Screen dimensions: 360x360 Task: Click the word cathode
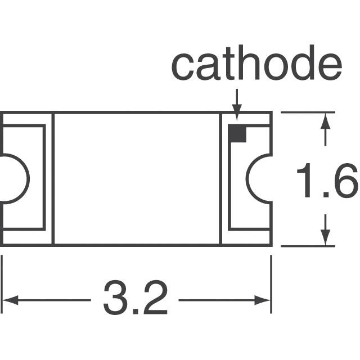(x=256, y=62)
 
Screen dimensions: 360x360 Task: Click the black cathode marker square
(x=237, y=133)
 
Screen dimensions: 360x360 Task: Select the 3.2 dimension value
(x=136, y=298)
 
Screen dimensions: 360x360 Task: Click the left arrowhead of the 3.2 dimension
(x=10, y=300)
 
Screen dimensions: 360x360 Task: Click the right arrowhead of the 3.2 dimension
(x=263, y=300)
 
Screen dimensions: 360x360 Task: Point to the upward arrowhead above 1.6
(x=325, y=121)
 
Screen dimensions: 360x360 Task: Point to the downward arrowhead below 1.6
(x=325, y=237)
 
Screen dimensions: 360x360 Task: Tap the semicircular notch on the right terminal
(x=247, y=178)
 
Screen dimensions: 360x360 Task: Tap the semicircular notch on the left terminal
(x=28, y=179)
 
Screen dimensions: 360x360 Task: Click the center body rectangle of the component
(x=137, y=179)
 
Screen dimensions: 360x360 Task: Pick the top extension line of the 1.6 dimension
(x=308, y=112)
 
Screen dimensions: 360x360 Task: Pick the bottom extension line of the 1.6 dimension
(x=308, y=246)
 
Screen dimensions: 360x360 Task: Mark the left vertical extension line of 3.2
(x=2, y=284)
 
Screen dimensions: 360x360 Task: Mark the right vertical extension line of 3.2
(x=271, y=284)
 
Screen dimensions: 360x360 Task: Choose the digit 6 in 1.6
(x=345, y=181)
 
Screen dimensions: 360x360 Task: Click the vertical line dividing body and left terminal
(x=53, y=179)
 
